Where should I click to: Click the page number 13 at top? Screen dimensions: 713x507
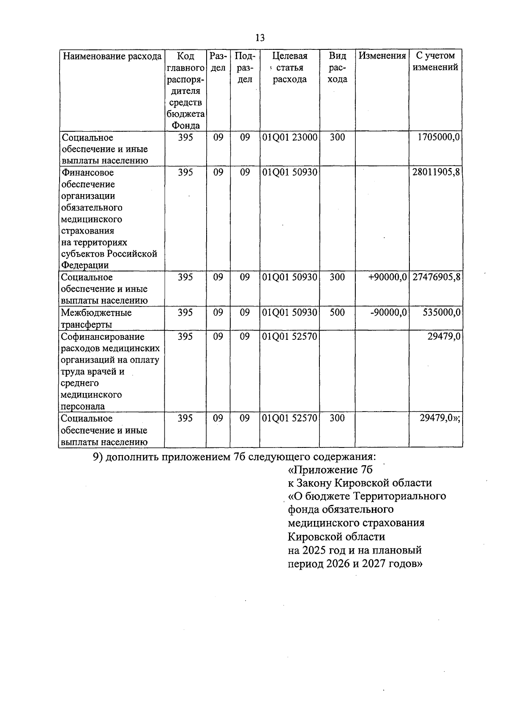point(260,38)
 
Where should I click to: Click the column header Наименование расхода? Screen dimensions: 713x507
point(112,56)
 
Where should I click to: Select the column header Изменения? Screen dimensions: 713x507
point(382,56)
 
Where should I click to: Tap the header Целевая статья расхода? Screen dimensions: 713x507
point(289,68)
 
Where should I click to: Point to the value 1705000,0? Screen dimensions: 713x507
point(439,137)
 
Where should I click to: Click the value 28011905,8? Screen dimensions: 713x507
point(436,172)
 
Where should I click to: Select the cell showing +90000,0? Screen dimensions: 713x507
point(387,277)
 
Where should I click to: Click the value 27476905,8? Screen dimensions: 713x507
point(436,277)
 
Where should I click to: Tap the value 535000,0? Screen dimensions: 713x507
point(442,312)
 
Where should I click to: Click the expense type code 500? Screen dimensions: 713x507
point(337,312)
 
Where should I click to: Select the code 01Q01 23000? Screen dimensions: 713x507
point(289,137)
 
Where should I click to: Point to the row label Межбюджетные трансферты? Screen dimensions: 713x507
point(96,318)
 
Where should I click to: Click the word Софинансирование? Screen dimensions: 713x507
point(103,336)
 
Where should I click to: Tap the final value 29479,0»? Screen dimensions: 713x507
point(439,418)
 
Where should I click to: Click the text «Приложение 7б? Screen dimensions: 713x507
point(330,470)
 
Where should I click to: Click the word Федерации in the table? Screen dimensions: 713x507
point(84,265)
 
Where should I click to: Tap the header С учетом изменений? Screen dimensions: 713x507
point(435,62)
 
